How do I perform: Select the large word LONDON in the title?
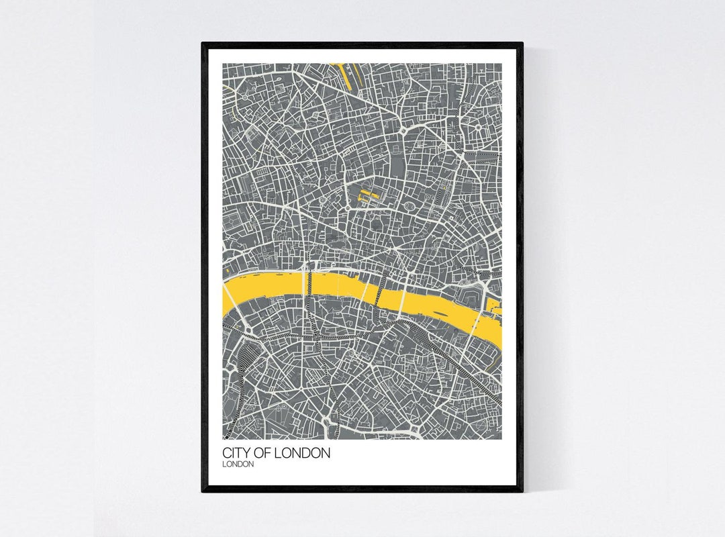305,453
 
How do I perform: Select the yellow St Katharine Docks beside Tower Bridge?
495,308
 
